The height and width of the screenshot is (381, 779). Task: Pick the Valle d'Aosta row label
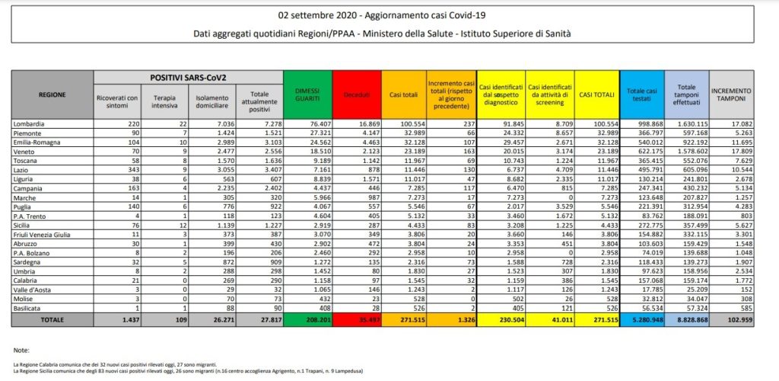[33, 290]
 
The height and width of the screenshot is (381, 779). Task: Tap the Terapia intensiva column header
[164, 102]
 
